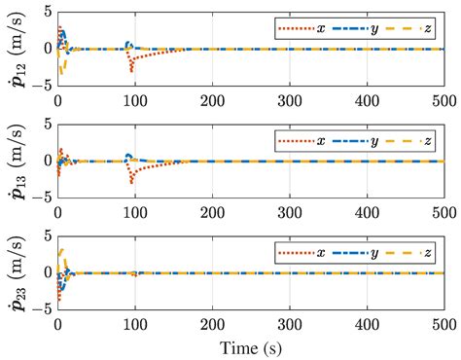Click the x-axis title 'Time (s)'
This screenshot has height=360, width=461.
pyautogui.click(x=249, y=345)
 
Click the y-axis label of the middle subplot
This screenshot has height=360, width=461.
pyautogui.click(x=14, y=161)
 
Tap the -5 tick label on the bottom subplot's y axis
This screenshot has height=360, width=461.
pyautogui.click(x=40, y=310)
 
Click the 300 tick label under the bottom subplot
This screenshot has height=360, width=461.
pyautogui.click(x=288, y=324)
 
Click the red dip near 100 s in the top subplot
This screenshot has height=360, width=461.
pyautogui.click(x=131, y=69)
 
